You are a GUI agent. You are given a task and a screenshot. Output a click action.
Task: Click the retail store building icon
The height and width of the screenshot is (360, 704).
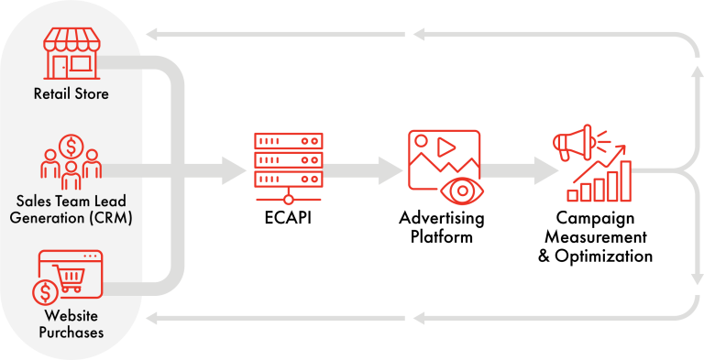point(71,52)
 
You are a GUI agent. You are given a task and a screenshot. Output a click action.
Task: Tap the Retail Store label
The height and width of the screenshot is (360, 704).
point(71,93)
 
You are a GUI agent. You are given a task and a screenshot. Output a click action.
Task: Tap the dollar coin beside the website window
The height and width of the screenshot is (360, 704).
point(44,293)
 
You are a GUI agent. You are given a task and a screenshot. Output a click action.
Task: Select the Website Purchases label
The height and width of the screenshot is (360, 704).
point(71,326)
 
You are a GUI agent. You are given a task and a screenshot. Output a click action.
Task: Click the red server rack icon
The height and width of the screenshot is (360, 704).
point(289,168)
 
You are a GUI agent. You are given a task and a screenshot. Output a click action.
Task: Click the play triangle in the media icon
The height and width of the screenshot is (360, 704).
point(447,146)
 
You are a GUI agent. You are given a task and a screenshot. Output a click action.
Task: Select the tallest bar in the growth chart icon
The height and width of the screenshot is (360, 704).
point(625,180)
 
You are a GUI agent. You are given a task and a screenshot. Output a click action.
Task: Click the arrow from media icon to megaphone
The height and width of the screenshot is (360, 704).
point(545,169)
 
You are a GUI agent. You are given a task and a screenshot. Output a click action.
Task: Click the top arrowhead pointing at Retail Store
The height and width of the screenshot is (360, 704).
point(155,35)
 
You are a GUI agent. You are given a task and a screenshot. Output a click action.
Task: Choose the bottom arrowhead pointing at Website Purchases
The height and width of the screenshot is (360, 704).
point(155,318)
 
